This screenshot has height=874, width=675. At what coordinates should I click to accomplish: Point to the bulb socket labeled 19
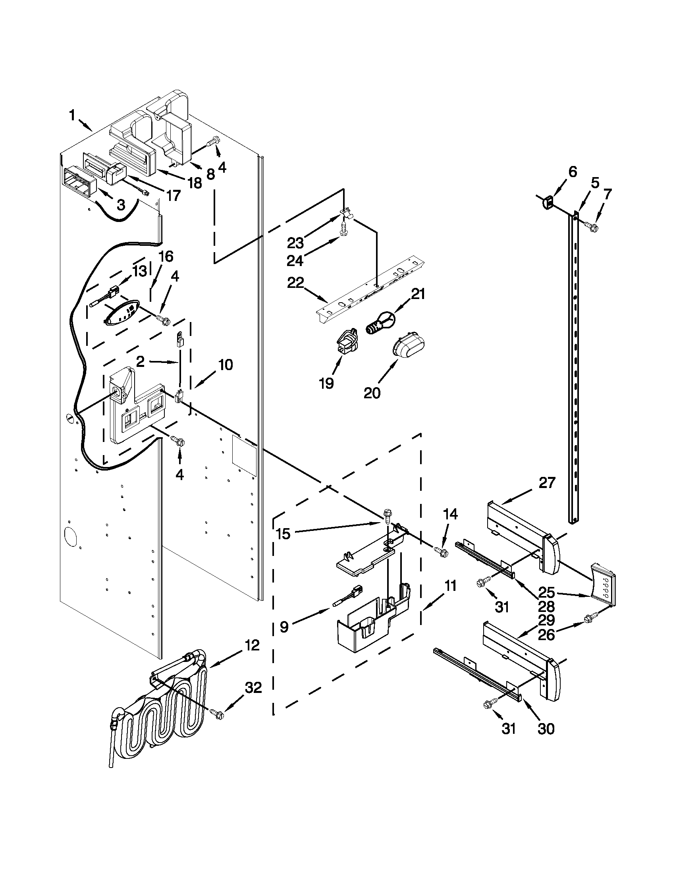tap(345, 339)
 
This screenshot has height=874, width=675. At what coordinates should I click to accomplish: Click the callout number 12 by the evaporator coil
tap(253, 645)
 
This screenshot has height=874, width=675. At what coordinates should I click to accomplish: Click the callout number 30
tap(546, 729)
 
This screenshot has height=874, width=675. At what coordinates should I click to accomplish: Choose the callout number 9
tap(283, 627)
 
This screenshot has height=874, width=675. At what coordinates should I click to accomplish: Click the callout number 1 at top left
tap(72, 116)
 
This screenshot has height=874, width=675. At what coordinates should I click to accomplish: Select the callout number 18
tap(195, 183)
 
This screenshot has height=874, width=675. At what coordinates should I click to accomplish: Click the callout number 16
tap(166, 257)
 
